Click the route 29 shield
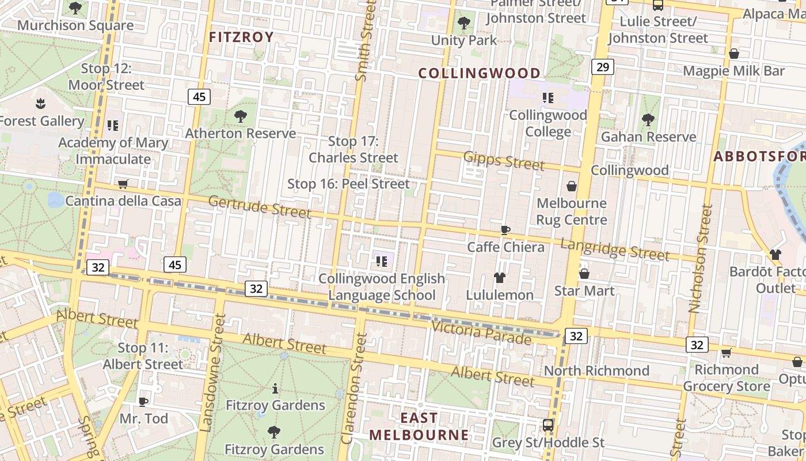(602, 67)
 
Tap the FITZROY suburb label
(241, 37)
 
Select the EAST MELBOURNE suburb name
(419, 426)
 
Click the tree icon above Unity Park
(463, 24)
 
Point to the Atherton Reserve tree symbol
(241, 116)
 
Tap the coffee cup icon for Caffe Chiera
(505, 231)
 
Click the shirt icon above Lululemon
(499, 278)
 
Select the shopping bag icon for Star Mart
(584, 274)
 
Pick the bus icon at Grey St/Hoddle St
(548, 425)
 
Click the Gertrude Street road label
(260, 206)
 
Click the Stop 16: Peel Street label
(348, 184)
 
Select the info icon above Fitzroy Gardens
(275, 388)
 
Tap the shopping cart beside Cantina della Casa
(123, 184)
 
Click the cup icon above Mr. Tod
(143, 401)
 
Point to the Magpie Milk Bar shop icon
(734, 54)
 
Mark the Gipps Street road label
(504, 161)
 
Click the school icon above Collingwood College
(548, 98)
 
